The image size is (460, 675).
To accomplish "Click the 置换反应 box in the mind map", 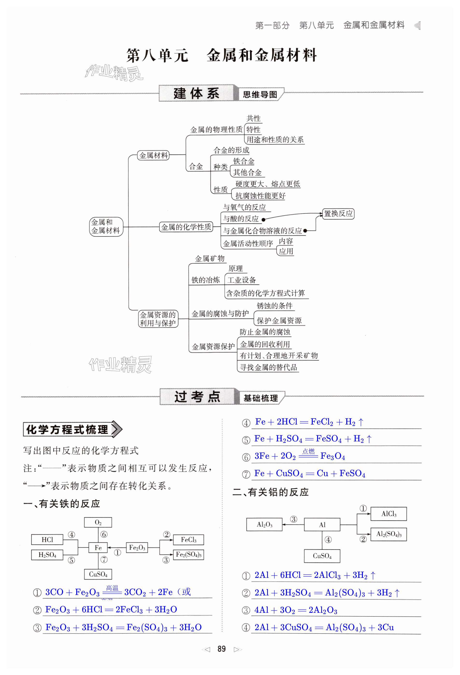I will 338,214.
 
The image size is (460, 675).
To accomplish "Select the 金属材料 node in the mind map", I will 153,155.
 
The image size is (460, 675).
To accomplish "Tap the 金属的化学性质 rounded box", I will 186,227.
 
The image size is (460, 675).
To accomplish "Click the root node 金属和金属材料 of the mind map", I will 106,227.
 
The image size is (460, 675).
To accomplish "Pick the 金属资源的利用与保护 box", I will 158,319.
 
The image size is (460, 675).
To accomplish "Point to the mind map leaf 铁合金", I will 244,162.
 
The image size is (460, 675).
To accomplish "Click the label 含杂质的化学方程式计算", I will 265,293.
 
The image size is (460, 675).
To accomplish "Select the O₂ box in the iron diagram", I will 98,522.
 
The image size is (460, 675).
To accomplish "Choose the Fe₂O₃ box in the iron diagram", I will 137,547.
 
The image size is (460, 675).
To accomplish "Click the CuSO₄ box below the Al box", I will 322,556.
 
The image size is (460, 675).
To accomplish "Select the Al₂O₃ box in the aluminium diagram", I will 264,525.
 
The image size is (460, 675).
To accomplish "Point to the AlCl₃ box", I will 389,514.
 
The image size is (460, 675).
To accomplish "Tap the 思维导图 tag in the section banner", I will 260,95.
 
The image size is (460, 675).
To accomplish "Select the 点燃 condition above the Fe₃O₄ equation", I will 308,451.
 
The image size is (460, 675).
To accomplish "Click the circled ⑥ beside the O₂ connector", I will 104,534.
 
